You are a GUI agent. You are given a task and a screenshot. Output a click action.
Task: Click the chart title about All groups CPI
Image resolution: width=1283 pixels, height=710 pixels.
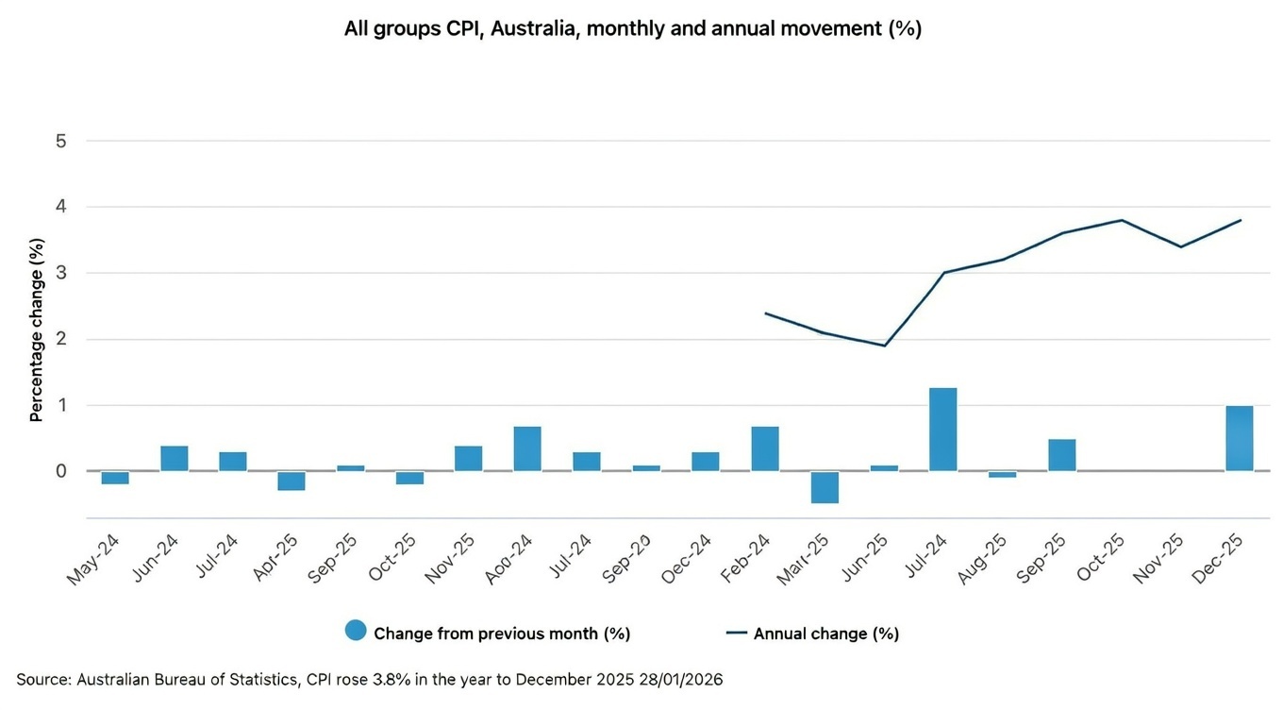[632, 29]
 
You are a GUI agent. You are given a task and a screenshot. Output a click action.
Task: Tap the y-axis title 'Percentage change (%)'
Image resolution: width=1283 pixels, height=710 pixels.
[36, 330]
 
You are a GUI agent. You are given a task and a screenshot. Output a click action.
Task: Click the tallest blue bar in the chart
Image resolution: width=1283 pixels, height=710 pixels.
[942, 430]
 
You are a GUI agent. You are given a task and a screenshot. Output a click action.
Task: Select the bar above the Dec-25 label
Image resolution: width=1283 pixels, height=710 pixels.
[1239, 438]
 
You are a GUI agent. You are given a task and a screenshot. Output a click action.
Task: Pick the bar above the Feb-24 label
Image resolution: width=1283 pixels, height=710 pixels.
[765, 449]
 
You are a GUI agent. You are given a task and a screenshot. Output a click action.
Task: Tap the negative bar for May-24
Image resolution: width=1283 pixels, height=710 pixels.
[115, 478]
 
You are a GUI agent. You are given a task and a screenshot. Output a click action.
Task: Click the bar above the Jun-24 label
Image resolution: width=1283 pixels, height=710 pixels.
[175, 458]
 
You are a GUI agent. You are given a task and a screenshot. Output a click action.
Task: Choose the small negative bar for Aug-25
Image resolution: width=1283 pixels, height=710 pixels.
[1002, 474]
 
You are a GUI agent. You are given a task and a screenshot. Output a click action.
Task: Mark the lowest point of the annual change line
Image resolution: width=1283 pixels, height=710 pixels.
[884, 346]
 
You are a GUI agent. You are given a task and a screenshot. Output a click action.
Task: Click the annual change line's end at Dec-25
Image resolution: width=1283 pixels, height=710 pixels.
[1240, 220]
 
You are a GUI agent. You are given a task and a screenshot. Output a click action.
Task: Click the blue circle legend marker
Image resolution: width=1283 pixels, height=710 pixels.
[356, 632]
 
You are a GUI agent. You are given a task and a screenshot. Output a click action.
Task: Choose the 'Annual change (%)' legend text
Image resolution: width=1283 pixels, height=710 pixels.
[825, 634]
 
